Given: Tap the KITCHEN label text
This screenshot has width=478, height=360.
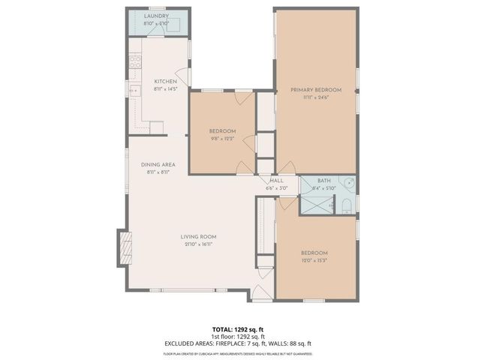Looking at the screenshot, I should click(165, 81).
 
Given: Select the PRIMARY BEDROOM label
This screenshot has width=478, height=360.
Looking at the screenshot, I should click(316, 90).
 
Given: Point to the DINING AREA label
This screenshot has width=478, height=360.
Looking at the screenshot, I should click(158, 164).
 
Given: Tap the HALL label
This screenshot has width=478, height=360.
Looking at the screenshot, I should click(277, 181).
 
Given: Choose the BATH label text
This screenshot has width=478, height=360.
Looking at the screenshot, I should click(324, 181).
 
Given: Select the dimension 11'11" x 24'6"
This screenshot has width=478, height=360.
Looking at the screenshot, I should click(316, 97).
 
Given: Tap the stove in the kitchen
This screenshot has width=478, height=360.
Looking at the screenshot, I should click(136, 62).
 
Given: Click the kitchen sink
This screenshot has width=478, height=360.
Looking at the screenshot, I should click(136, 91).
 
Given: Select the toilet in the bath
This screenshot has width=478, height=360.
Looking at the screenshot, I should click(346, 203).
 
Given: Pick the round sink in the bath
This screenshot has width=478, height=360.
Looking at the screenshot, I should click(347, 182).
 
